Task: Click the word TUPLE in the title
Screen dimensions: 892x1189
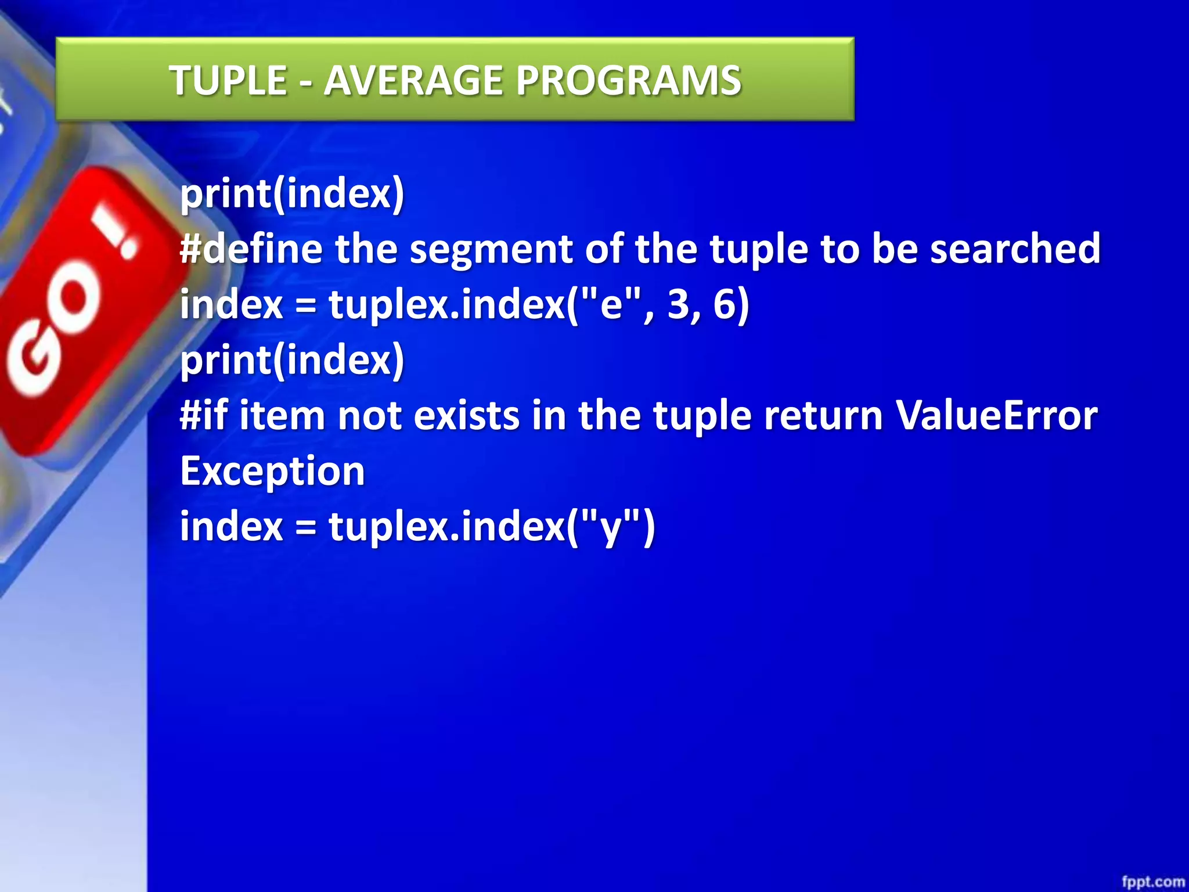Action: pos(228,80)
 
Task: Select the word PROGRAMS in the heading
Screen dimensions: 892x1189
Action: pos(628,80)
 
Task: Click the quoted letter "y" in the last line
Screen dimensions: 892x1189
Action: pos(611,526)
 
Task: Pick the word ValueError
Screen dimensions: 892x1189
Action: pos(996,416)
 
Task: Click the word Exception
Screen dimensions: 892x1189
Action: pos(272,471)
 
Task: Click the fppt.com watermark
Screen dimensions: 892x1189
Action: pos(1152,882)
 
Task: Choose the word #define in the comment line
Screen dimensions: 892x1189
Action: pos(251,249)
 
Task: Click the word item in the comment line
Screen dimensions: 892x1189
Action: pos(282,416)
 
